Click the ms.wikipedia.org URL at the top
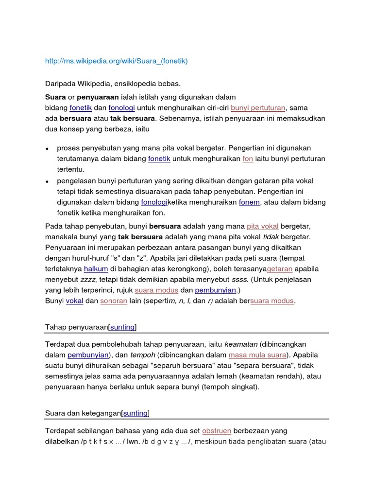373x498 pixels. [116, 61]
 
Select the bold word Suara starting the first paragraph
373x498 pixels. [55, 97]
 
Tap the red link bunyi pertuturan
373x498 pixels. [258, 108]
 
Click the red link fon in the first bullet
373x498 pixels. [248, 159]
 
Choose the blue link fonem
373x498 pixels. [250, 202]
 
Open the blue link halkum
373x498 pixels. [96, 269]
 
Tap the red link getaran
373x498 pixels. [280, 269]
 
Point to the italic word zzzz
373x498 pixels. [88, 280]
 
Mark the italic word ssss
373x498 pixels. [240, 280]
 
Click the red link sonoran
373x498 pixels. [114, 301]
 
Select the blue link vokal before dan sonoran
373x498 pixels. [75, 301]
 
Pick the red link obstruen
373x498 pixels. [217, 431]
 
